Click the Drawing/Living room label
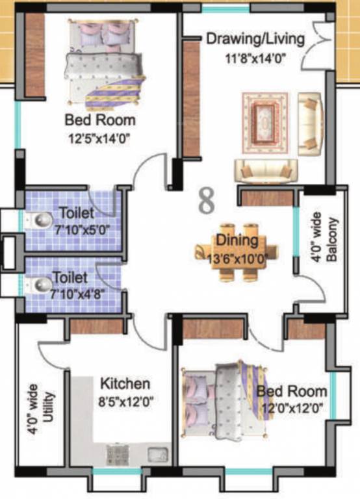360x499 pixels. [255, 39]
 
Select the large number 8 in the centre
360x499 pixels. [206, 201]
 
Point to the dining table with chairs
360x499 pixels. [238, 250]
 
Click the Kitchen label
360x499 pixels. [125, 384]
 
